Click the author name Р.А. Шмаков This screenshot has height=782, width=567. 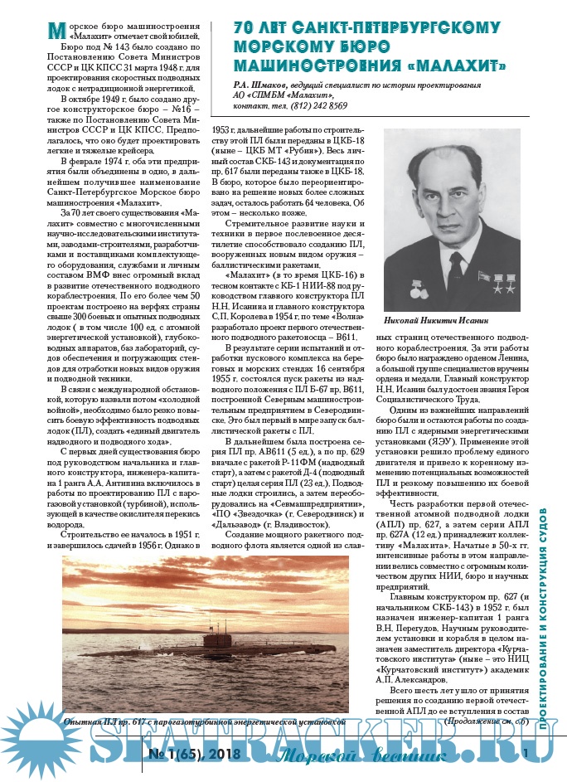266,85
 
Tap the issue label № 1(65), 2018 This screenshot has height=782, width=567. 194,754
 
